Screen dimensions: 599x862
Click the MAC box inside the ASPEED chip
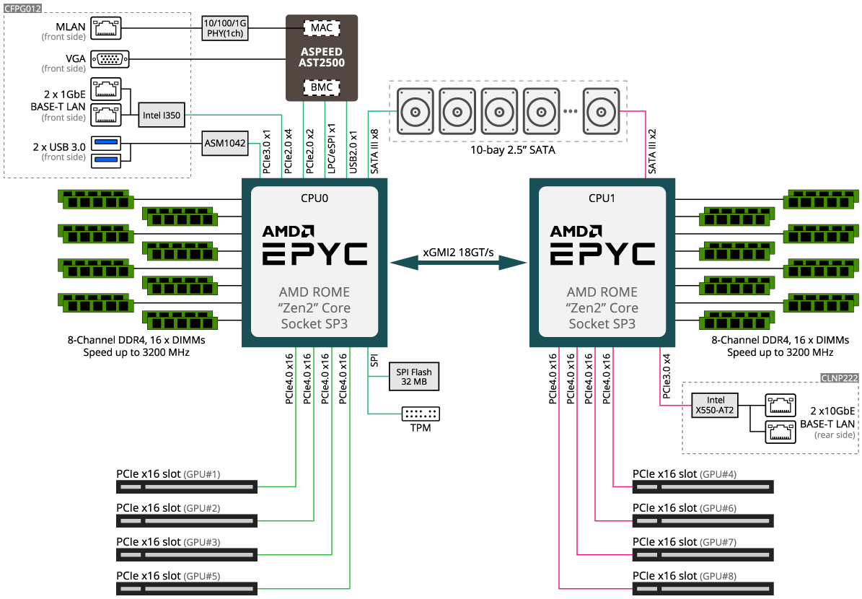click(x=322, y=28)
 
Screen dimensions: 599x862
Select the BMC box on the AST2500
click(x=322, y=87)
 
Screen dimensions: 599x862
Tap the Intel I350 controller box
click(x=162, y=115)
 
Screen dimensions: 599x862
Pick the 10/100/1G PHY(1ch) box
click(x=224, y=28)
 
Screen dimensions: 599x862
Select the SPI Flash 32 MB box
click(x=414, y=377)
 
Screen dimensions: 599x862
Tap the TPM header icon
click(x=421, y=414)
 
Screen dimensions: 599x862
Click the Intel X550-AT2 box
click(x=716, y=405)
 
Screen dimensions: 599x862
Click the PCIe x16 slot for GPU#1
click(x=186, y=487)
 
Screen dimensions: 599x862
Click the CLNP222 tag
click(x=840, y=378)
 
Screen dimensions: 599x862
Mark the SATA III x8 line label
click(x=374, y=152)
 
